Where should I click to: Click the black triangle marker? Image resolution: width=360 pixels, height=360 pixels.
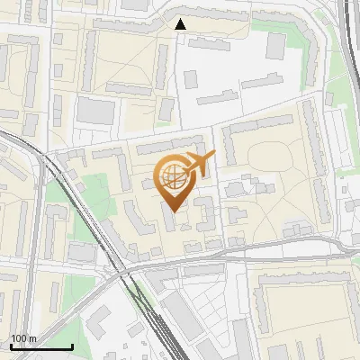coord(182,24)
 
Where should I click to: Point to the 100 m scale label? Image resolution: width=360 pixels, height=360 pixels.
coord(23,338)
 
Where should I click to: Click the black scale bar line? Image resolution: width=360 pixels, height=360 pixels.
coord(41,346)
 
